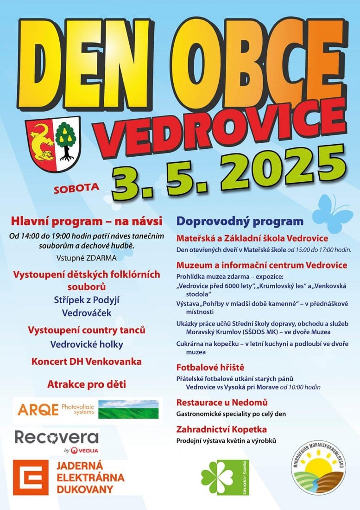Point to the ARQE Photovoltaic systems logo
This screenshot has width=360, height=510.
(88, 410)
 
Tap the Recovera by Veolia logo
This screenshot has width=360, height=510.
(57, 441)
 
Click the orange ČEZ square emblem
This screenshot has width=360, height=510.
(31, 477)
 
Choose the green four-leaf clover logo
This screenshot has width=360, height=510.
(218, 478)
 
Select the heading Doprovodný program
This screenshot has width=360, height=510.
(240, 221)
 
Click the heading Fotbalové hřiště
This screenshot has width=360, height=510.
(210, 368)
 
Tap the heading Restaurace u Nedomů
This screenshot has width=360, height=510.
(222, 402)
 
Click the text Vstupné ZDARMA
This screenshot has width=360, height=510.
(87, 258)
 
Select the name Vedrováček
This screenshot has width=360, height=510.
(87, 313)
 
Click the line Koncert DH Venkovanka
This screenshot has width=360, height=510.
(87, 361)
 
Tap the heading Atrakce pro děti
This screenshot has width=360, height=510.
(87, 384)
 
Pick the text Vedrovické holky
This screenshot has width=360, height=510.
(87, 344)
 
